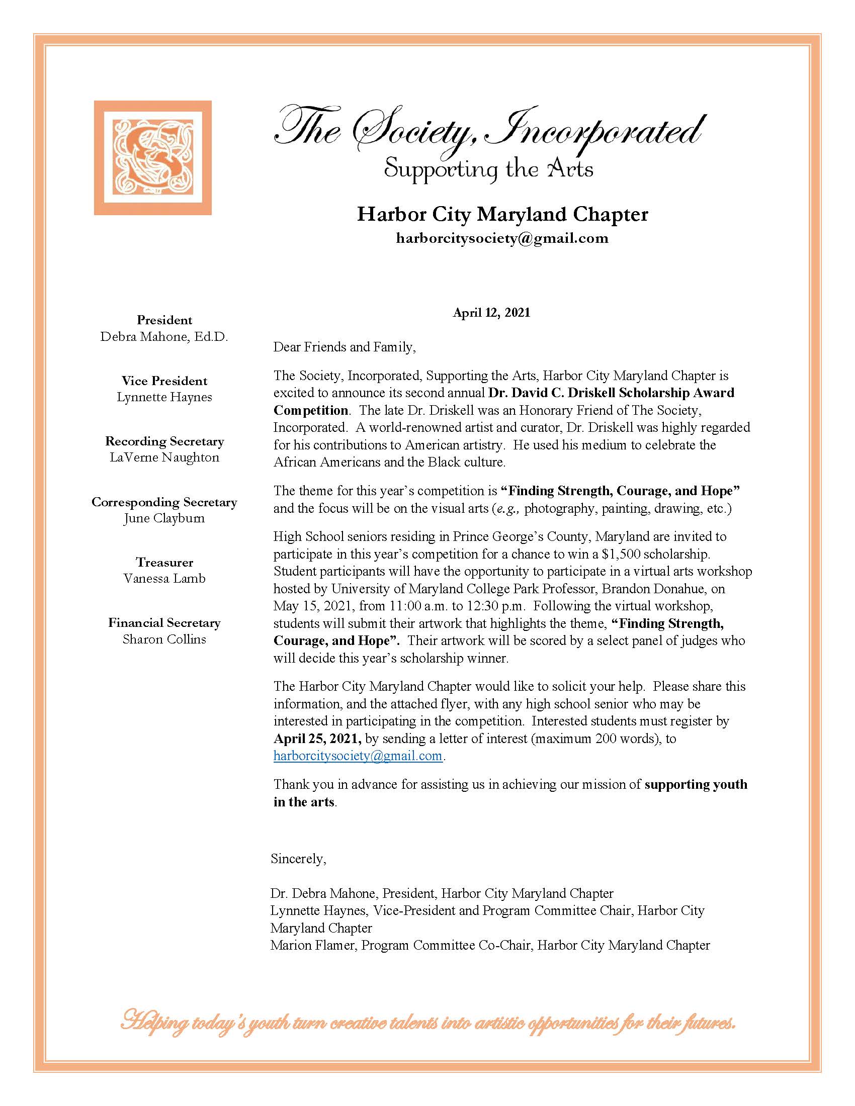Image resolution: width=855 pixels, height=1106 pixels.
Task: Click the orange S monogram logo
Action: [x=152, y=157]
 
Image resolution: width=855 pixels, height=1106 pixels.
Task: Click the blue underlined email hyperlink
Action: [x=358, y=756]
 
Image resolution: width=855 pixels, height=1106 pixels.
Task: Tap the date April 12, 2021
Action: [x=491, y=313]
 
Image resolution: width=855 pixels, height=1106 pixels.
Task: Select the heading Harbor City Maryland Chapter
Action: [x=502, y=214]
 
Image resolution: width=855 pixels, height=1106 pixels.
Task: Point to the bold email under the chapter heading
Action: [x=502, y=238]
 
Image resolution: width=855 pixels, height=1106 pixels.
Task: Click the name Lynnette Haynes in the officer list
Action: [x=164, y=397]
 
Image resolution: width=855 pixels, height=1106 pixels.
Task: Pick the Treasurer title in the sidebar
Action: [x=164, y=562]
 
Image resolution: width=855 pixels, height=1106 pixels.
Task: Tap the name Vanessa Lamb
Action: [x=164, y=578]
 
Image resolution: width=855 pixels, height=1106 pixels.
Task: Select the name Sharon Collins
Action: [x=164, y=639]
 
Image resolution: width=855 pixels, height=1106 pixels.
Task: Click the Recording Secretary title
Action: [x=164, y=441]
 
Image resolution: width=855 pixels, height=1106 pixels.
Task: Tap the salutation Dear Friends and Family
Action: [x=345, y=347]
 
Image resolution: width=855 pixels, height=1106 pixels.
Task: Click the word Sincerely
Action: [x=298, y=858]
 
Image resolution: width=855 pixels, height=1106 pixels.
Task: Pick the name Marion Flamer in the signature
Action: [x=313, y=945]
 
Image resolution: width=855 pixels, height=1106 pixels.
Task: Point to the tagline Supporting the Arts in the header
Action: [x=488, y=169]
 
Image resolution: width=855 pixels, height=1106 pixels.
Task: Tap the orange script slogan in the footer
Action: [x=427, y=1024]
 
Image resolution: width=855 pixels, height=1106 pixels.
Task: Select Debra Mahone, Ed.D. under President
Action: [x=164, y=337]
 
